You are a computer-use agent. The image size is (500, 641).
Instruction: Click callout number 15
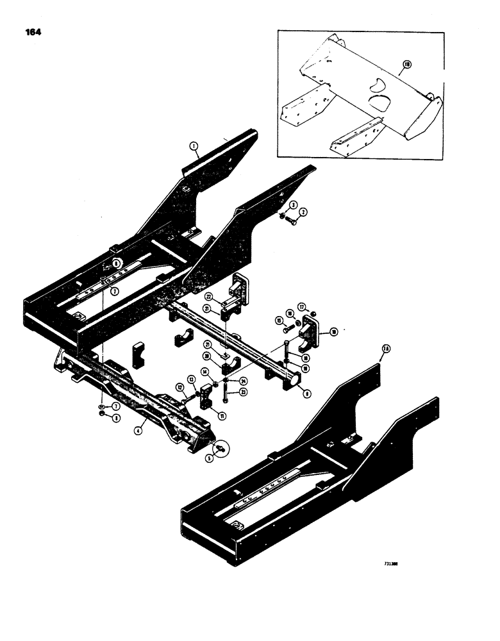[x=279, y=320]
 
